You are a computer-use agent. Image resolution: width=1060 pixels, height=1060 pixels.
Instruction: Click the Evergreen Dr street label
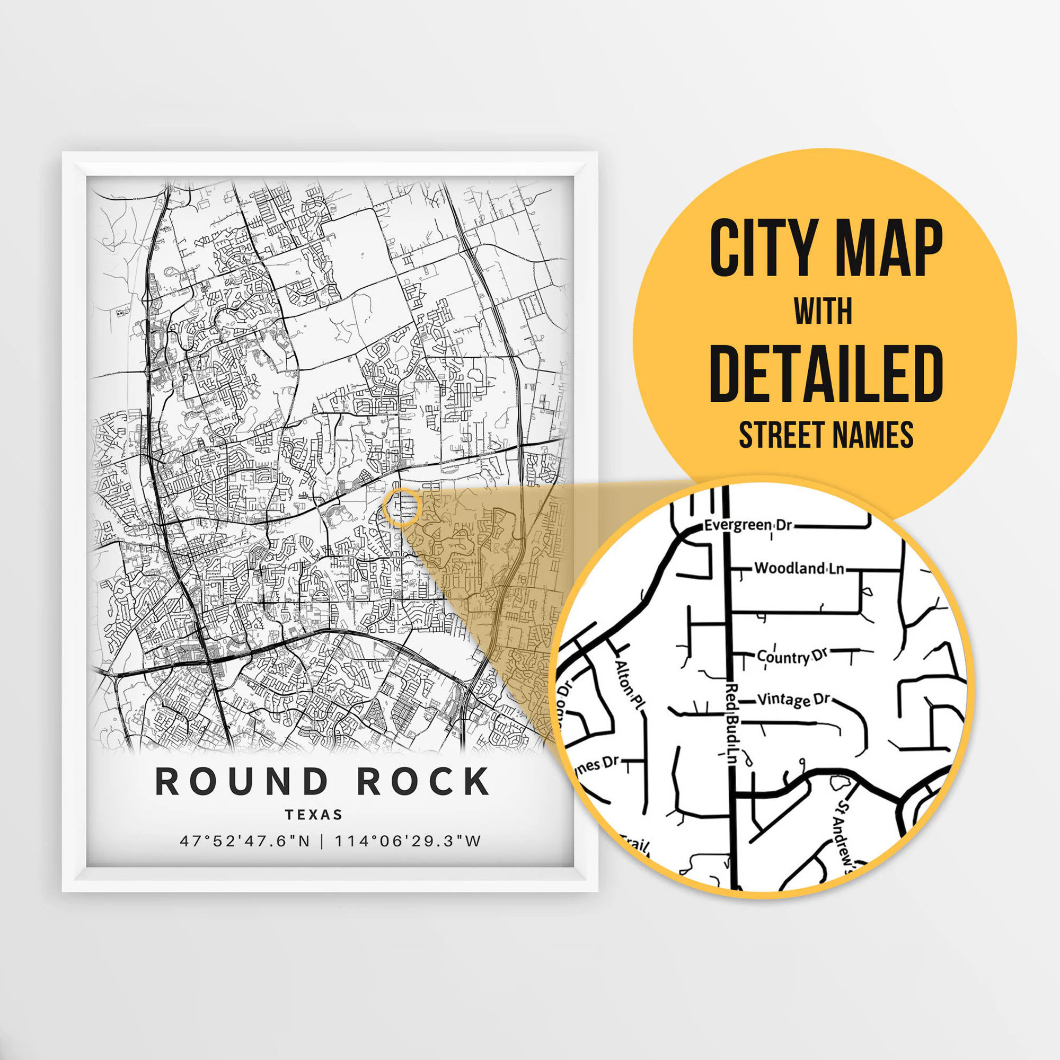pos(748,525)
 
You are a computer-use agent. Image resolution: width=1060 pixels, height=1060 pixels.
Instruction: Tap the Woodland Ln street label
pos(799,568)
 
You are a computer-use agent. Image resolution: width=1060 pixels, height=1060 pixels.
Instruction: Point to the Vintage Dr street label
pos(793,700)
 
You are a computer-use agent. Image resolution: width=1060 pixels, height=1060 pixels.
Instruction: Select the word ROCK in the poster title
pos(423,781)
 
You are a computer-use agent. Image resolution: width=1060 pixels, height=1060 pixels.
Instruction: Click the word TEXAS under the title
pos(314,815)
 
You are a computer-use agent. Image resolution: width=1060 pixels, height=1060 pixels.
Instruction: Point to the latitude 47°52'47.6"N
pos(245,841)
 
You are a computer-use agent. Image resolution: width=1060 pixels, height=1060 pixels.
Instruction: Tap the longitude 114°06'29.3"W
pos(408,841)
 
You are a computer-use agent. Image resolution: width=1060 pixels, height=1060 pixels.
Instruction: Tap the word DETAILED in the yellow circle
pos(826,374)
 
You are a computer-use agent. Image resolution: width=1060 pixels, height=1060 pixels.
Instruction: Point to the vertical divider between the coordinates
pos(322,841)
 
